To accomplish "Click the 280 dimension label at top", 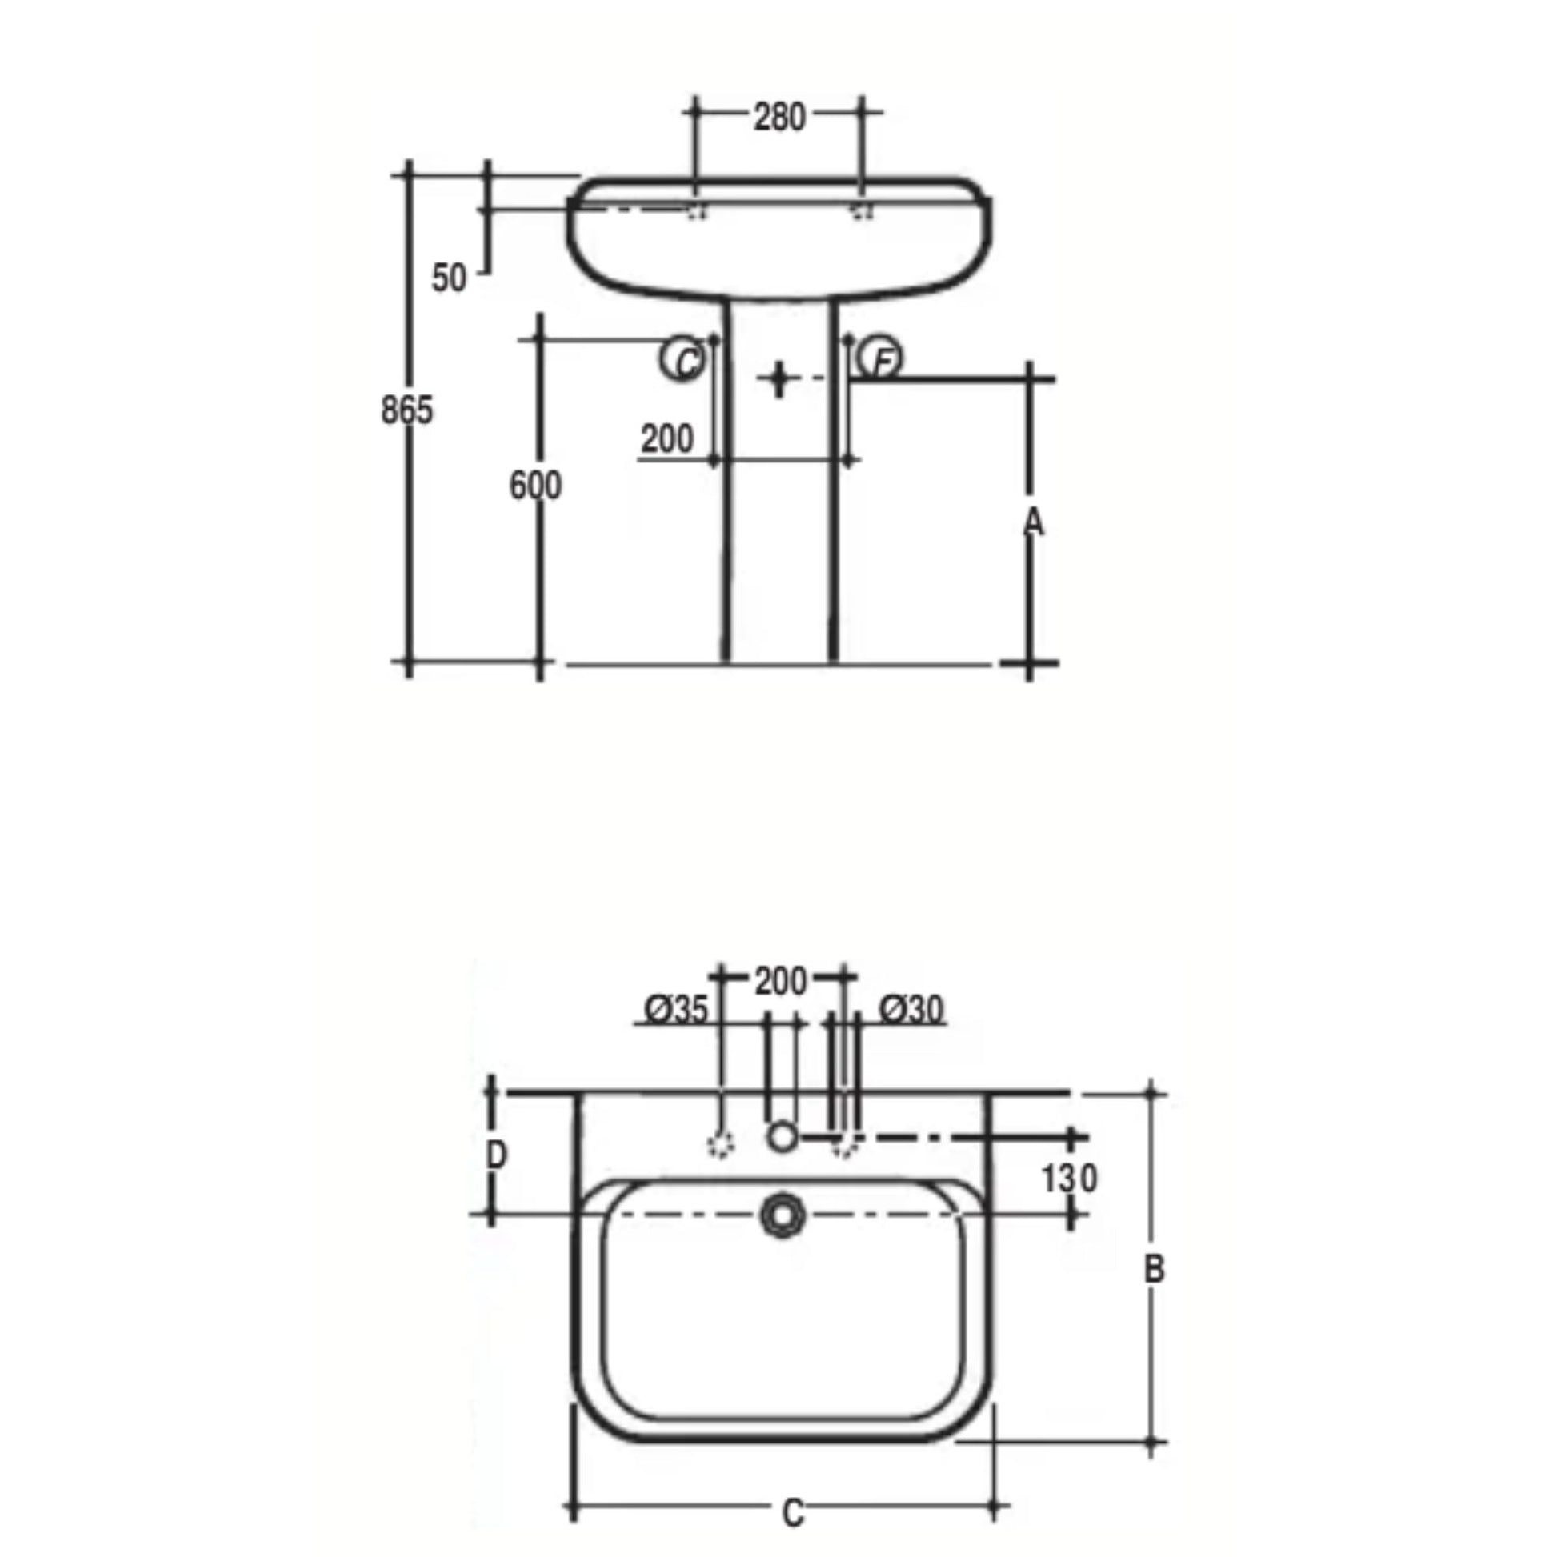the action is click(779, 118).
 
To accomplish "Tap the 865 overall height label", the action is click(407, 410).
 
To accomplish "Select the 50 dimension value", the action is click(449, 278).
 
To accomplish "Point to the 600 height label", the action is click(536, 485).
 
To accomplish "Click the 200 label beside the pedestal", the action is click(667, 439).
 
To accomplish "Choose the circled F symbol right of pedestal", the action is click(880, 358).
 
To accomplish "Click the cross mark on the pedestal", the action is click(778, 378).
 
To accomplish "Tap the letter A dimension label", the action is click(1033, 523).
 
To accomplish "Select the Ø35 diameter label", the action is click(677, 1009).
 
